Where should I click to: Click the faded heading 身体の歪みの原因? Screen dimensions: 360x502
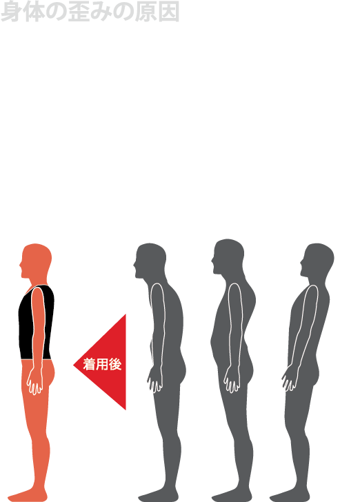pyautogui.click(x=90, y=12)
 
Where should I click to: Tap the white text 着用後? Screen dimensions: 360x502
pyautogui.click(x=102, y=364)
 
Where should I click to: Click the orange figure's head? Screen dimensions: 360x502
pyautogui.click(x=36, y=260)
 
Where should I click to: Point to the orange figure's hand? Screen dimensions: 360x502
pyautogui.click(x=34, y=381)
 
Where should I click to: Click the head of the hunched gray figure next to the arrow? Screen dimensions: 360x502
pyautogui.click(x=150, y=260)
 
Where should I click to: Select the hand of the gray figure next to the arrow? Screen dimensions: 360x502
pyautogui.click(x=155, y=380)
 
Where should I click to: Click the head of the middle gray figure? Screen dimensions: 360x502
pyautogui.click(x=228, y=256)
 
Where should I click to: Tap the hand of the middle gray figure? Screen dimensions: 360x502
pyautogui.click(x=232, y=380)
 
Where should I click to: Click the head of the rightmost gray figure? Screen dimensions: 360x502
pyautogui.click(x=317, y=260)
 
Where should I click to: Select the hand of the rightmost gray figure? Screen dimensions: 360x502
pyautogui.click(x=290, y=379)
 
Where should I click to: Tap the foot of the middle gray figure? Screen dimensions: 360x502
pyautogui.click(x=232, y=495)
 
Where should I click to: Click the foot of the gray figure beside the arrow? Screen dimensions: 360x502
pyautogui.click(x=158, y=495)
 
